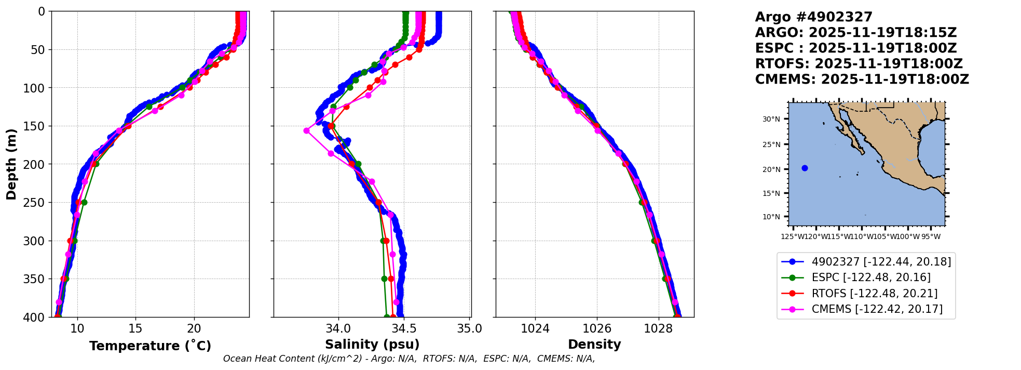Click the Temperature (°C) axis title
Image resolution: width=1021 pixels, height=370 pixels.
(x=150, y=346)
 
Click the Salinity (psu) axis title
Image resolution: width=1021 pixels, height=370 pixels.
(x=372, y=345)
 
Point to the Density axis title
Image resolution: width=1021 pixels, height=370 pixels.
(x=594, y=345)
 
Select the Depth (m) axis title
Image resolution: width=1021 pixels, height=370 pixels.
(x=11, y=164)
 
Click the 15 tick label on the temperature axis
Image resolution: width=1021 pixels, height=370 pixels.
(x=135, y=328)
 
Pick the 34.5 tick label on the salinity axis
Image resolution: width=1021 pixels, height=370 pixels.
(x=404, y=328)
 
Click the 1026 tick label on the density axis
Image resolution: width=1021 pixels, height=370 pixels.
(x=597, y=328)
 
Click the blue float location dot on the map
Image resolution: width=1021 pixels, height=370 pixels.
(x=805, y=168)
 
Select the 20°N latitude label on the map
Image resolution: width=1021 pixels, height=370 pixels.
(x=771, y=169)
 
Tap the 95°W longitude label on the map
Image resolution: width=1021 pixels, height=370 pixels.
(x=931, y=237)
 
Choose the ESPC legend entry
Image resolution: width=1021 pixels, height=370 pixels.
(x=871, y=277)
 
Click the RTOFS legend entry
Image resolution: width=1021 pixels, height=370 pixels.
(x=875, y=294)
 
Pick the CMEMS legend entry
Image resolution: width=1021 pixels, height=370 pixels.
(x=877, y=309)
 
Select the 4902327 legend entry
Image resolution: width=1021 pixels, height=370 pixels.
(x=881, y=262)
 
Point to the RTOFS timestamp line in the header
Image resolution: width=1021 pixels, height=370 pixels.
(x=859, y=64)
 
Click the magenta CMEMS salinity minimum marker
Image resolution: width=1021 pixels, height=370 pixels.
(x=306, y=131)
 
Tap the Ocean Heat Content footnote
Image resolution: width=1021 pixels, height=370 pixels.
(x=409, y=359)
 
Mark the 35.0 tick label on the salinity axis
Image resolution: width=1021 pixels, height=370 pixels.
(x=469, y=328)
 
